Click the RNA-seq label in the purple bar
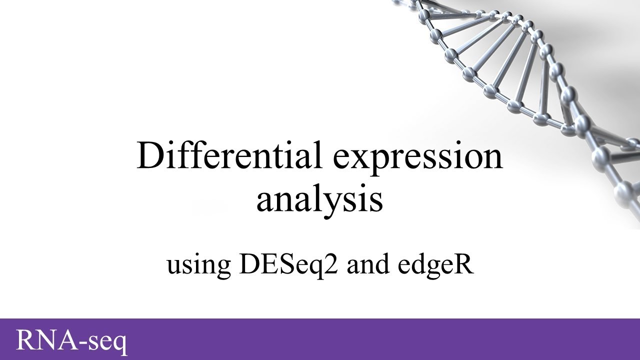pyautogui.click(x=71, y=340)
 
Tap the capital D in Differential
pyautogui.click(x=149, y=155)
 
